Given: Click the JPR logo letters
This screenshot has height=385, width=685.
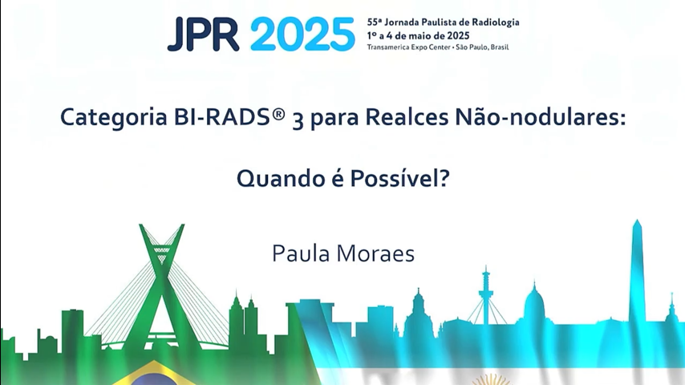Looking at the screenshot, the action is click(203, 34).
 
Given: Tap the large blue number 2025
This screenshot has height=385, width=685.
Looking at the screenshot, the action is click(302, 34).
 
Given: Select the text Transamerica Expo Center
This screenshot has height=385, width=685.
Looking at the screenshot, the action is click(408, 47).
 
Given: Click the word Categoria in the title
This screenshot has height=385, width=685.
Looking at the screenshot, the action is click(114, 118).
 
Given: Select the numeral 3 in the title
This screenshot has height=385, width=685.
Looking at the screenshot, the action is click(298, 120).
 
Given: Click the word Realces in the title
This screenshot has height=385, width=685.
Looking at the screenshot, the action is click(407, 117).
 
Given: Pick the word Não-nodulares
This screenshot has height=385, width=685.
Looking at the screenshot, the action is click(541, 116).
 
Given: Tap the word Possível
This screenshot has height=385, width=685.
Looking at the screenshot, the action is click(399, 177).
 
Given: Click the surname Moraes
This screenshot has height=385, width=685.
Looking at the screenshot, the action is click(375, 254).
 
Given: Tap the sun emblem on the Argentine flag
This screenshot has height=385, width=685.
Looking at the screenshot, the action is click(492, 379).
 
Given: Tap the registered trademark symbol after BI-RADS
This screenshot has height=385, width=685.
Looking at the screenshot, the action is click(279, 114).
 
